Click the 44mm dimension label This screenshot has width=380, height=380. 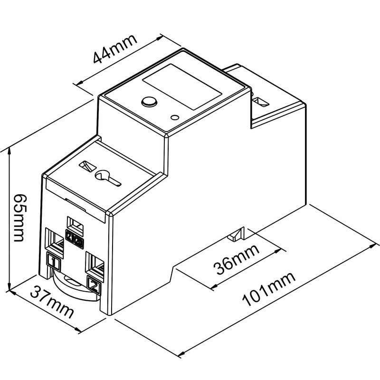[114, 49]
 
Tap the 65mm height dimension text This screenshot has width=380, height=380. [19, 217]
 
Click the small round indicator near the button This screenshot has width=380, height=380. [175, 117]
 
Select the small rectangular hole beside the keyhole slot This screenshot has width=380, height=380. [86, 167]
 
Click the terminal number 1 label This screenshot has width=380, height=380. [54, 261]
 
